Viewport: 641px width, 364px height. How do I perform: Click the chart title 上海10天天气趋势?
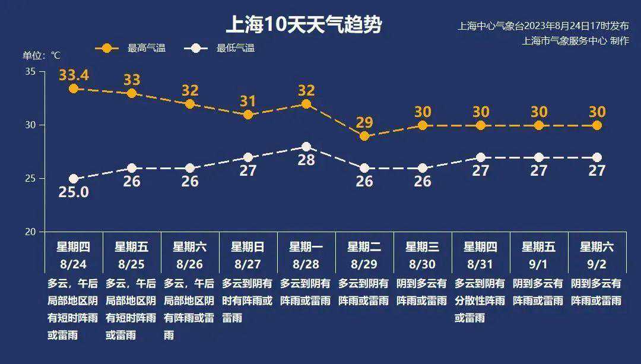[x=303, y=25]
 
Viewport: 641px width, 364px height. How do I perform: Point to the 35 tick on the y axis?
[x=31, y=72]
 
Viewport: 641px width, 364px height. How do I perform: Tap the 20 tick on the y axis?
[x=31, y=232]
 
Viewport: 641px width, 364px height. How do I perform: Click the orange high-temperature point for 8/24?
[x=74, y=88]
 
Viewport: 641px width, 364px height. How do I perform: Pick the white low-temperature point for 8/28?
[x=306, y=147]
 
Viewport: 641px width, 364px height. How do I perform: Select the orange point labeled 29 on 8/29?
[x=364, y=136]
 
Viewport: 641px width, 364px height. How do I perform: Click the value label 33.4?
[x=74, y=75]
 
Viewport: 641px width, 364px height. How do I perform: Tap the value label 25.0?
[x=74, y=192]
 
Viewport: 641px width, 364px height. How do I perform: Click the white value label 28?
[x=306, y=160]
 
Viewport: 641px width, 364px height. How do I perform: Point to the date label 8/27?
[x=247, y=263]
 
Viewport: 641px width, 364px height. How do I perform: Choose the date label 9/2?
[x=596, y=263]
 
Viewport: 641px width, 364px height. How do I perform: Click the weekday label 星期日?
[x=247, y=246]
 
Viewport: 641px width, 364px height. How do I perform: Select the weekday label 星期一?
[x=306, y=246]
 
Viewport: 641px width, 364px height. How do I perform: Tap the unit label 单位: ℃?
[x=42, y=55]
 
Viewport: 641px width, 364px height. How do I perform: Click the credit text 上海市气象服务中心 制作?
[x=575, y=41]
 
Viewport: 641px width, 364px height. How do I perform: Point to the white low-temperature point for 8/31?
[x=481, y=157]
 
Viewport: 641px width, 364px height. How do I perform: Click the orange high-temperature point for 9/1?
[x=539, y=125]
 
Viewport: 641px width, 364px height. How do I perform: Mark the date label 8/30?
[x=423, y=263]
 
